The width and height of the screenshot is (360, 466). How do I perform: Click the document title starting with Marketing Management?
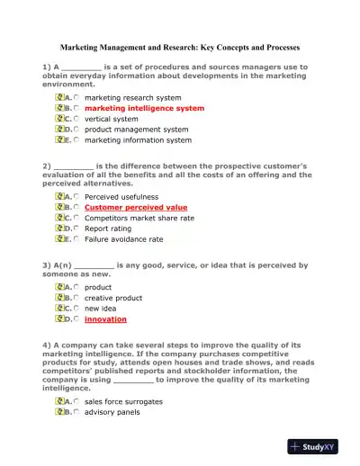coord(179,46)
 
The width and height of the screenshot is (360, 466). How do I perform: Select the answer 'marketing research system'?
coord(132,97)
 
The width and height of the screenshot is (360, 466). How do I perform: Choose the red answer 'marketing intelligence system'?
coord(144,108)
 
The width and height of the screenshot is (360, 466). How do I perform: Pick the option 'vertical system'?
coord(112,119)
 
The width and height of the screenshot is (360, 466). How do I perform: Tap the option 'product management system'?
coord(136,130)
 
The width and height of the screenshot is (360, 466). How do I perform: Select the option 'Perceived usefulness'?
coord(121,196)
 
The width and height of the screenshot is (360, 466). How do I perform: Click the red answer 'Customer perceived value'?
coord(136,207)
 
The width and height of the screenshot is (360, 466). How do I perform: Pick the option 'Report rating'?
coord(108,229)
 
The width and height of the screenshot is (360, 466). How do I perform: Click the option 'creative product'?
coord(113,298)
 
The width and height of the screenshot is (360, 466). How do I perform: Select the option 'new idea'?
coord(100,309)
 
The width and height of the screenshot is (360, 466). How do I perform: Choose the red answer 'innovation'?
coord(105,319)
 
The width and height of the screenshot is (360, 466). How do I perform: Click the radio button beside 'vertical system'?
coord(76,119)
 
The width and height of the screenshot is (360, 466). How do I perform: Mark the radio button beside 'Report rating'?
coord(76,229)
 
